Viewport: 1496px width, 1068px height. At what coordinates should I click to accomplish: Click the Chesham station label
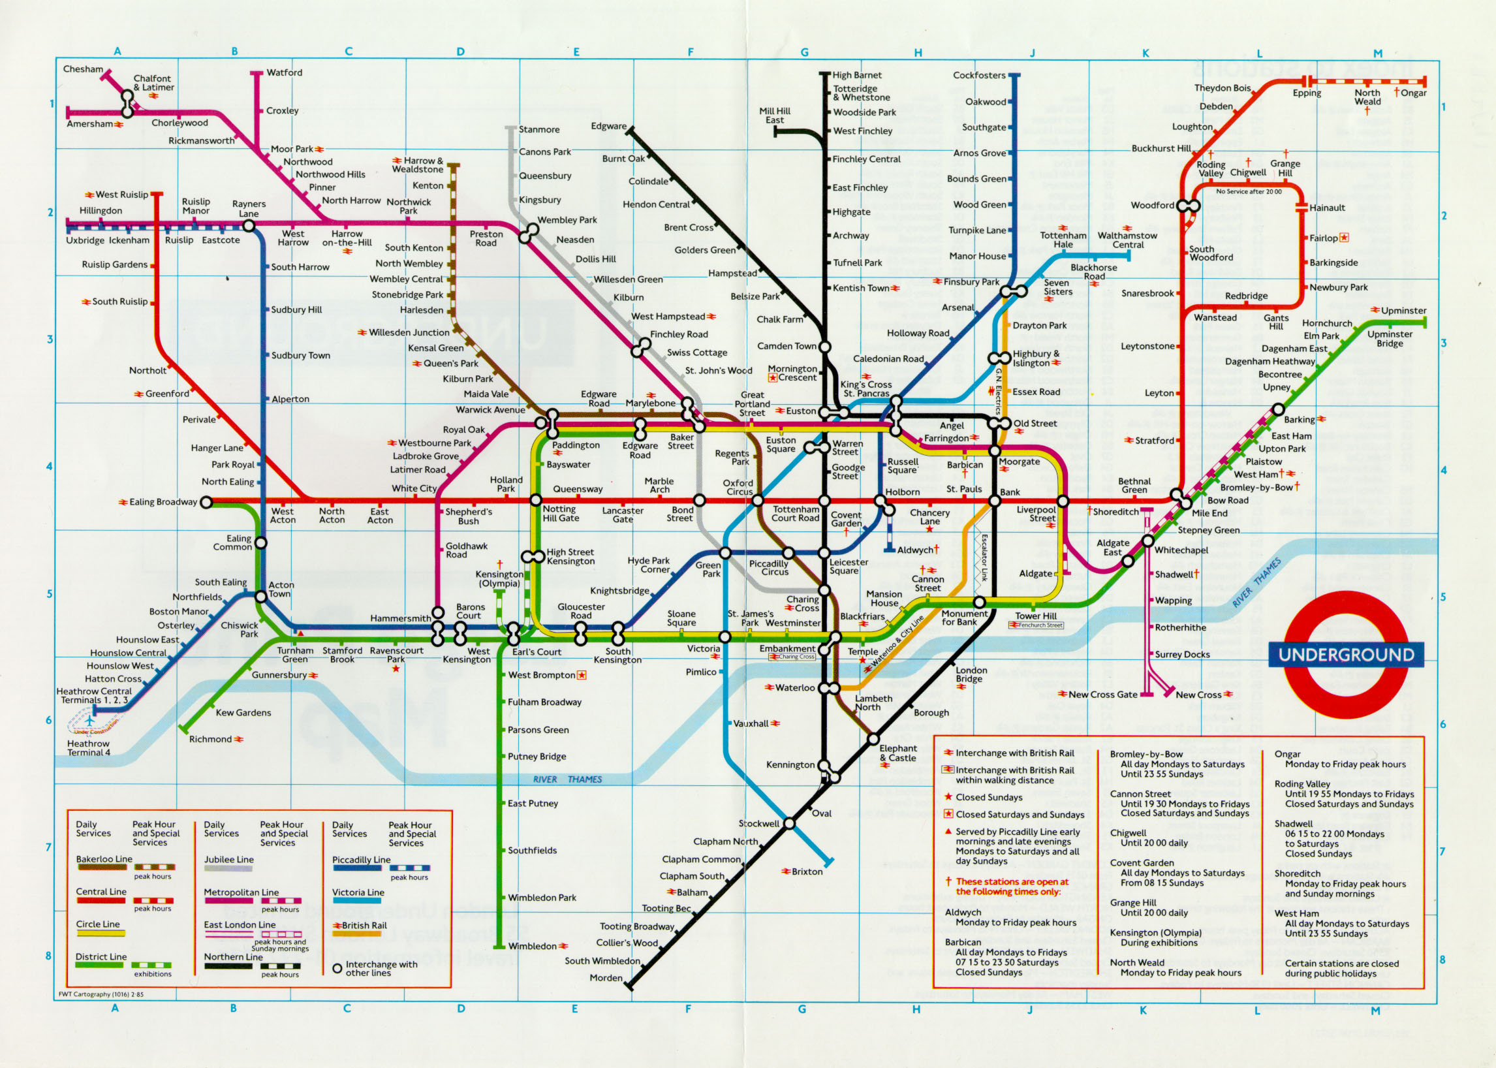pyautogui.click(x=83, y=69)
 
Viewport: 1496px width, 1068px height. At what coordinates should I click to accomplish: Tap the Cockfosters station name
pyautogui.click(x=979, y=75)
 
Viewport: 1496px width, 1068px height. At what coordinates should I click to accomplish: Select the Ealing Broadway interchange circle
pyautogui.click(x=206, y=503)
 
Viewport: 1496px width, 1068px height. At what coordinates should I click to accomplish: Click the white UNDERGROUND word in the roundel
pyautogui.click(x=1346, y=655)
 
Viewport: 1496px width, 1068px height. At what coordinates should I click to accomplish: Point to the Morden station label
pyautogui.click(x=606, y=978)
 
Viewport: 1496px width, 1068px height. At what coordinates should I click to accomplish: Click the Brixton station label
pyautogui.click(x=807, y=872)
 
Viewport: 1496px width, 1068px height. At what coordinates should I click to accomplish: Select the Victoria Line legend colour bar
pyautogui.click(x=356, y=900)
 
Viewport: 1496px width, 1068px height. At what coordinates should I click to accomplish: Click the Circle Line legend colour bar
pyautogui.click(x=100, y=932)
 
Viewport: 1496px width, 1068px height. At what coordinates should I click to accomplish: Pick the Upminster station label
pyautogui.click(x=1403, y=310)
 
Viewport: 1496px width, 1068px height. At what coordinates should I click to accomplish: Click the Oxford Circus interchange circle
pyautogui.click(x=758, y=501)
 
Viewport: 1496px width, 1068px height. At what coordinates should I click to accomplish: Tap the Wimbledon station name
pyautogui.click(x=532, y=947)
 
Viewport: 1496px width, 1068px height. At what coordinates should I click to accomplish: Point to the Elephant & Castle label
pyautogui.click(x=897, y=753)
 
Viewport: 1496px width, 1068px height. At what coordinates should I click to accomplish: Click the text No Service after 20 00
pyautogui.click(x=1248, y=191)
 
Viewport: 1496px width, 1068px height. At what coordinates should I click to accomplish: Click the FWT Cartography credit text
pyautogui.click(x=101, y=994)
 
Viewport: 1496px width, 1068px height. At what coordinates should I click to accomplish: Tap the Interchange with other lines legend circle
pyautogui.click(x=337, y=969)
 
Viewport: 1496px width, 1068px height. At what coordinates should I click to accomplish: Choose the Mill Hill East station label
pyautogui.click(x=775, y=116)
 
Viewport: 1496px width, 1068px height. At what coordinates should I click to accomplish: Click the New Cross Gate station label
pyautogui.click(x=1102, y=695)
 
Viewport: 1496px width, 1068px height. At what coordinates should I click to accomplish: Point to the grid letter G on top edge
pyautogui.click(x=804, y=53)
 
